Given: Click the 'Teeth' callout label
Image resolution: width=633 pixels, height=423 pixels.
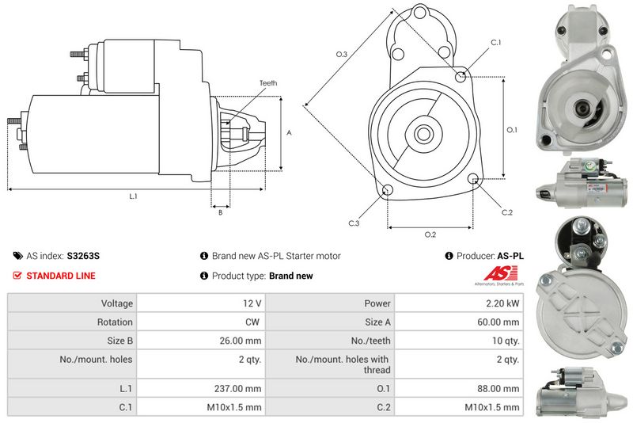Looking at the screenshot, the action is point(268,83).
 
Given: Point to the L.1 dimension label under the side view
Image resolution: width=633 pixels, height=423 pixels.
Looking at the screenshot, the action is point(133,196).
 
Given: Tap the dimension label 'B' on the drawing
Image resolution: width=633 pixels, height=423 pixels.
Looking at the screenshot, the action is point(221,212).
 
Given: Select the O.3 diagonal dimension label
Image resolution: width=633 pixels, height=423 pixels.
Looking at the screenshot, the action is point(342,54).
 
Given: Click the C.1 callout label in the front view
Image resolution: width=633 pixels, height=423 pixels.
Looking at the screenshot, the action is point(496,43).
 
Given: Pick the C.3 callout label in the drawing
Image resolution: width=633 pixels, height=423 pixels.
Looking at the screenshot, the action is point(354,223).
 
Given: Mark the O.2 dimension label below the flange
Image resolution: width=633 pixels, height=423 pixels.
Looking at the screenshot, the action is point(430,234).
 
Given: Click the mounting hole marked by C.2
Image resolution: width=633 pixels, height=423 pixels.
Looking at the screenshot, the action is point(473,178).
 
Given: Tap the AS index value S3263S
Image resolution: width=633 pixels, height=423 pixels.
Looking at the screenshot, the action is point(83,256).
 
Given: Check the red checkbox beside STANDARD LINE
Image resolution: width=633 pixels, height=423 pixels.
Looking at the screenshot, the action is point(17,276).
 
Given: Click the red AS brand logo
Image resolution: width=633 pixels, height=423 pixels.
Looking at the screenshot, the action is point(500,274).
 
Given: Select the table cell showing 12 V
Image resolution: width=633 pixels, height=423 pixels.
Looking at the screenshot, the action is point(201,303).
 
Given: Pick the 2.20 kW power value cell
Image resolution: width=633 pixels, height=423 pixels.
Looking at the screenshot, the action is point(459,303).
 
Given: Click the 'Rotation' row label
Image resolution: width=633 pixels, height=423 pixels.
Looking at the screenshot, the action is point(115,322).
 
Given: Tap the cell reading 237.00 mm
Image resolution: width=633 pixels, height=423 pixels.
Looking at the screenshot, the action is point(201,388).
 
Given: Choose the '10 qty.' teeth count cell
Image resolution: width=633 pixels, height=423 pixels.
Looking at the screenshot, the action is point(459,341).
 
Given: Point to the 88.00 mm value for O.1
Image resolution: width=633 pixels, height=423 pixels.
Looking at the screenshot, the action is point(459,388).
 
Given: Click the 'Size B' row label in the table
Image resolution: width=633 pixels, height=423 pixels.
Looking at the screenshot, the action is point(119,341).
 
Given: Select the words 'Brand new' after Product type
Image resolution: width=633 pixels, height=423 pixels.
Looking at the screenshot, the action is point(291,276).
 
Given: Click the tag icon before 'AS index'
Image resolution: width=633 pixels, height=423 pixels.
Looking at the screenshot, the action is point(17,256).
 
